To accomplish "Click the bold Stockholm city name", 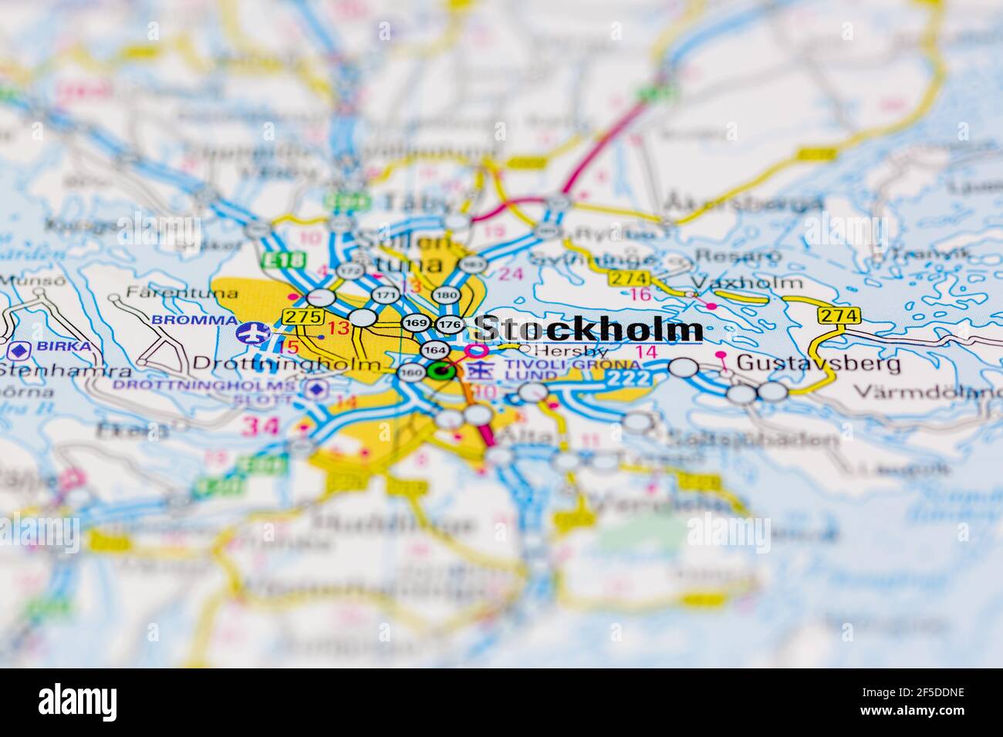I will click(588, 329).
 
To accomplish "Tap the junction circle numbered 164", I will click(434, 349).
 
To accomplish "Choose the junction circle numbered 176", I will click(449, 325).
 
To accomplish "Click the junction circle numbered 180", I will click(446, 295).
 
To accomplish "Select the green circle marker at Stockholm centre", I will click(441, 372).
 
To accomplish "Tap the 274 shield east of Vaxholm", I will click(838, 315).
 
